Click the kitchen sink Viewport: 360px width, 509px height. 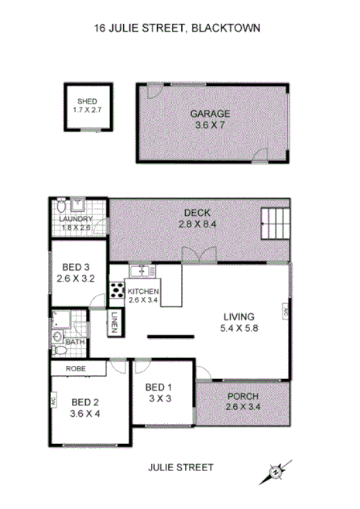(x=141, y=271)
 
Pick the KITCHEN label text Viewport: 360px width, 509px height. (x=143, y=291)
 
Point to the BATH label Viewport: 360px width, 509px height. (x=75, y=341)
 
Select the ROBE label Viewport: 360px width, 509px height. (x=74, y=369)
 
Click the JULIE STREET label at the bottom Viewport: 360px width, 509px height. (x=179, y=467)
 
